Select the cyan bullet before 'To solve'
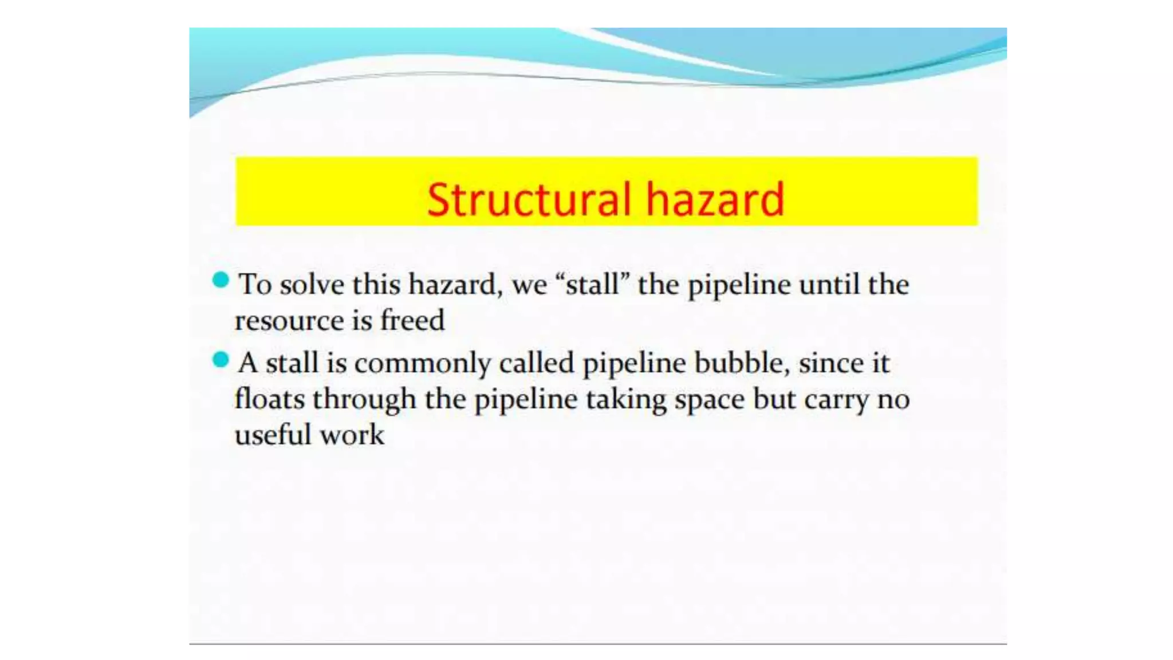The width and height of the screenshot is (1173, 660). [x=221, y=280]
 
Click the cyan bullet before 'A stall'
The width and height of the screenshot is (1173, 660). [x=221, y=360]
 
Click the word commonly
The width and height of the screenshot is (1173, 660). [x=423, y=364]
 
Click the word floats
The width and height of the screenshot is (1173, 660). [x=269, y=399]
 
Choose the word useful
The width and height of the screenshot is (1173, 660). [x=273, y=435]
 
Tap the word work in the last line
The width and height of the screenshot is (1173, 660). [x=352, y=435]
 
